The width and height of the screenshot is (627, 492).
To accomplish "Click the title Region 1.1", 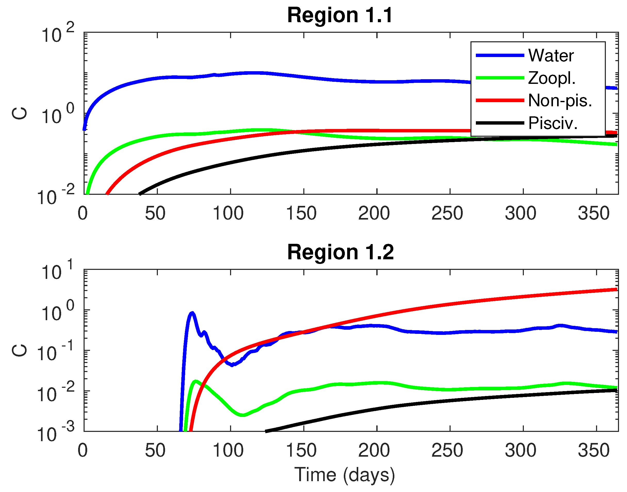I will (340, 15).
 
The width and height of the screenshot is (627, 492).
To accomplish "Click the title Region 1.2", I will (340, 252).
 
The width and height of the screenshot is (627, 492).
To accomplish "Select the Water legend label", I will (551, 55).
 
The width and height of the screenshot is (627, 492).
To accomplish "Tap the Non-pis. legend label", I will (560, 101).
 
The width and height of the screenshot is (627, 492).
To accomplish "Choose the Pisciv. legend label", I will (553, 123).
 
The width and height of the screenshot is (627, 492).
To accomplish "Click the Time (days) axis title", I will (345, 475).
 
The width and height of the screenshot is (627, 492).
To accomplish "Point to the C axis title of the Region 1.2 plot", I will (20, 350).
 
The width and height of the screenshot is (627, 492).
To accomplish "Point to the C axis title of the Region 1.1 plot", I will (20, 113).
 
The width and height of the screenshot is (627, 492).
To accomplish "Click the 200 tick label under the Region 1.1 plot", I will (374, 213).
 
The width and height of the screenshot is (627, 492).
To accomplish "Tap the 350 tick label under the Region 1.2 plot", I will (593, 450).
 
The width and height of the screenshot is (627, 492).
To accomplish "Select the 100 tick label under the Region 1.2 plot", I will (228, 450).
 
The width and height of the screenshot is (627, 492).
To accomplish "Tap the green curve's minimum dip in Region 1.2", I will (243, 415).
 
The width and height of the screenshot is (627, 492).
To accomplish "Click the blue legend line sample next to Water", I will (500, 55).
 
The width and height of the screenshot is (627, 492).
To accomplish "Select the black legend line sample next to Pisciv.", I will (500, 123).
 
